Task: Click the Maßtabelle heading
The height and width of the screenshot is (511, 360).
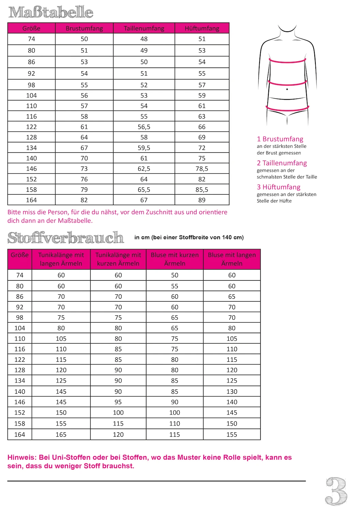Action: (x=51, y=13)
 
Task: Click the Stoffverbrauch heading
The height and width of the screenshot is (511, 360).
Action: (x=65, y=237)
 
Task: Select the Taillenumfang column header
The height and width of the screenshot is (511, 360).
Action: (x=144, y=28)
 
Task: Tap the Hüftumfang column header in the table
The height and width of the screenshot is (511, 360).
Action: (x=202, y=28)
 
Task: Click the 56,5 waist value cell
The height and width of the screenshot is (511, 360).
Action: (x=144, y=127)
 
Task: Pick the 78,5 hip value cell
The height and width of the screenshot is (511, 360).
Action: (x=202, y=169)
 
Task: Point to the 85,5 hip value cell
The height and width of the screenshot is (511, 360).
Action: (x=202, y=190)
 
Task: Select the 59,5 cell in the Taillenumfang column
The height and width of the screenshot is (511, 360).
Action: (x=144, y=148)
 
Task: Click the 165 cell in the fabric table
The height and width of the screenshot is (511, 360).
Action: (x=61, y=434)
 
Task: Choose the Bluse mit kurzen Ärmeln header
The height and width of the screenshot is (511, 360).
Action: (x=175, y=259)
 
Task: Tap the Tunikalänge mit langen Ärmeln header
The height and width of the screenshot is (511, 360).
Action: (x=61, y=259)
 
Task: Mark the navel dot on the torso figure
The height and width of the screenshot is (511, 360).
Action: (x=287, y=89)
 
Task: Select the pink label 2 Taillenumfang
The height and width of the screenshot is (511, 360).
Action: (x=282, y=163)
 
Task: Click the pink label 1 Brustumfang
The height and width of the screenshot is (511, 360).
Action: (x=280, y=139)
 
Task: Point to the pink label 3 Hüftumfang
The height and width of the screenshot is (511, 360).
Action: (x=279, y=187)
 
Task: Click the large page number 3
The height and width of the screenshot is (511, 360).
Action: (x=336, y=491)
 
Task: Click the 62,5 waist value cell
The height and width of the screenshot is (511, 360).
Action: (x=144, y=169)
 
